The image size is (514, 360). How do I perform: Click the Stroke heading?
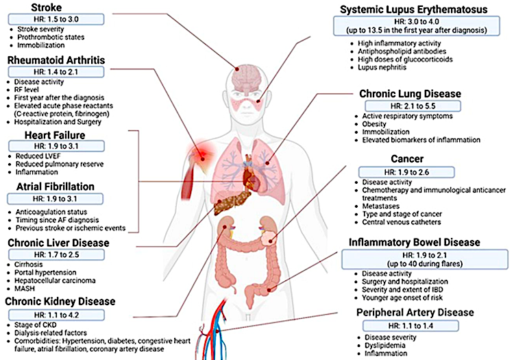click(x=46, y=8)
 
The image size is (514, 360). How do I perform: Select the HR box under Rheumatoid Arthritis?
click(x=56, y=72)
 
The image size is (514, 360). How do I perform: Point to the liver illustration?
click(x=231, y=202)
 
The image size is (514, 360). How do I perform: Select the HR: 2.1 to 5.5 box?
click(x=413, y=106)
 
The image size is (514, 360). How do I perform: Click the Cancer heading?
click(x=407, y=159)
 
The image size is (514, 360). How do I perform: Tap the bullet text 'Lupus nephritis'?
click(x=382, y=67)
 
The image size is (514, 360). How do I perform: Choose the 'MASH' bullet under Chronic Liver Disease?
click(x=25, y=289)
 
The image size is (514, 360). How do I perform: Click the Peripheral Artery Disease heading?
click(x=415, y=313)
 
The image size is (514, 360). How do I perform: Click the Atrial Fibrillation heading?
click(x=56, y=187)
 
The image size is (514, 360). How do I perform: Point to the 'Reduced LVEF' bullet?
click(x=38, y=156)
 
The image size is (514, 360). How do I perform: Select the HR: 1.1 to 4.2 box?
click(x=56, y=315)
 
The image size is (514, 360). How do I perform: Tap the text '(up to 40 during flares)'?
click(x=425, y=264)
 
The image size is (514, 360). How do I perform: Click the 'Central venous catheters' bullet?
click(x=402, y=222)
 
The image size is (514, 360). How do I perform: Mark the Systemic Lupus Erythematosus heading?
click(x=414, y=10)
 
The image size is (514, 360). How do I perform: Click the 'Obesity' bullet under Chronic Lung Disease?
click(x=374, y=124)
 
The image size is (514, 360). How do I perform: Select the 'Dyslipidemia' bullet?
click(x=385, y=345)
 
